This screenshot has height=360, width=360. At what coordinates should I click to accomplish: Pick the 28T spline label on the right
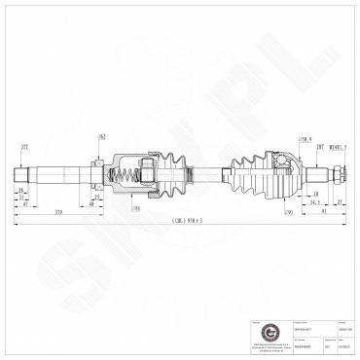pos(318,145)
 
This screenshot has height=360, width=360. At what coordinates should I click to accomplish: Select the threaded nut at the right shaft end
pos(335,176)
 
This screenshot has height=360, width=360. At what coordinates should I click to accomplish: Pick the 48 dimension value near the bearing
pos(90,204)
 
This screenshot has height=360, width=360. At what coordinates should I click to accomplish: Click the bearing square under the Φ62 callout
pos(98,162)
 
